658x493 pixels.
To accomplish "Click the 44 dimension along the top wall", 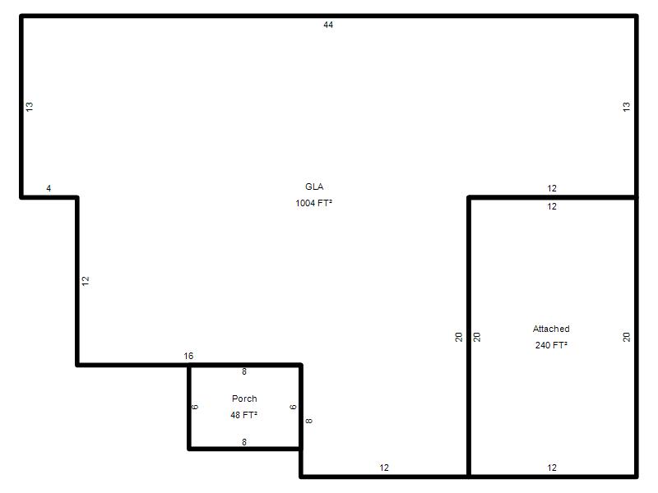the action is pyautogui.click(x=328, y=25).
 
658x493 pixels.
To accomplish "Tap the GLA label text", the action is pyautogui.click(x=314, y=187).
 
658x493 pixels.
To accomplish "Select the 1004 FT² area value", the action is pyautogui.click(x=313, y=203).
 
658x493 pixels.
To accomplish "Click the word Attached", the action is pyautogui.click(x=551, y=329).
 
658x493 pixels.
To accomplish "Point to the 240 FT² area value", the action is pyautogui.click(x=551, y=345).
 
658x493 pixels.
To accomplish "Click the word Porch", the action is pyautogui.click(x=244, y=399).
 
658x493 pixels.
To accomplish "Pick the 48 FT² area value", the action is pyautogui.click(x=243, y=415).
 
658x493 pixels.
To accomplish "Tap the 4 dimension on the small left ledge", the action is pyautogui.click(x=49, y=189).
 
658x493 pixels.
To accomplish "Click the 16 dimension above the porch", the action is pyautogui.click(x=188, y=357).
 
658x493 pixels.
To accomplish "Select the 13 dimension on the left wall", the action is pyautogui.click(x=30, y=107).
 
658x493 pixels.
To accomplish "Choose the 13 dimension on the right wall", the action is pyautogui.click(x=627, y=107).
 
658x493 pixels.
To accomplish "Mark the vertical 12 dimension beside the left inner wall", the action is pyautogui.click(x=86, y=281).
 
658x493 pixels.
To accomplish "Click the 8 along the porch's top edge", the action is pyautogui.click(x=244, y=372).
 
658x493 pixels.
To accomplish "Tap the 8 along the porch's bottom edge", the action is pyautogui.click(x=244, y=442).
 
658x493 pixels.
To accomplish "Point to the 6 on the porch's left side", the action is pyautogui.click(x=195, y=407).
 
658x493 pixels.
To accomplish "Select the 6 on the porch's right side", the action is pyautogui.click(x=294, y=407).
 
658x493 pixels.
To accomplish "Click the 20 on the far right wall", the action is pyautogui.click(x=627, y=337).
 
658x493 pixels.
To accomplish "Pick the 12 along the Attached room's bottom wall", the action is pyautogui.click(x=552, y=468).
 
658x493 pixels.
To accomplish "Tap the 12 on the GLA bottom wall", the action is pyautogui.click(x=384, y=468).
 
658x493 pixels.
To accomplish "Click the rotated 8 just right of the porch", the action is pyautogui.click(x=309, y=421).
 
